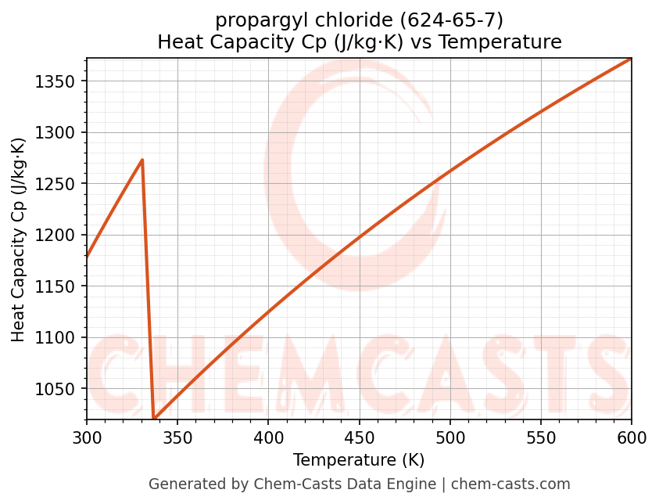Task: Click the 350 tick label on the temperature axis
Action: click(x=177, y=437)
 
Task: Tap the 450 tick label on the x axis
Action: click(x=359, y=437)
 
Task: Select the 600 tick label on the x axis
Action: click(x=632, y=437)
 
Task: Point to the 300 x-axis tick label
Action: click(x=87, y=437)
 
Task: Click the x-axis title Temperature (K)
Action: click(x=359, y=460)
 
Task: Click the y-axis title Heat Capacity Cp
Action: click(x=19, y=239)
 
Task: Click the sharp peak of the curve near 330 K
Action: click(x=142, y=160)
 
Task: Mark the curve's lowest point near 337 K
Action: click(x=154, y=419)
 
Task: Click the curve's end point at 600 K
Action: click(x=631, y=59)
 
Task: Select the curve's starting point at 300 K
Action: click(x=88, y=257)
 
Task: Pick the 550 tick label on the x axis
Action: click(x=541, y=437)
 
